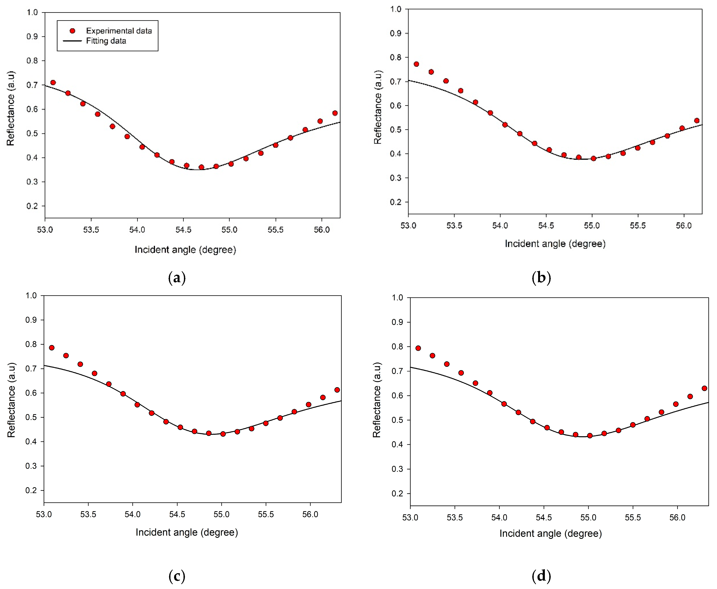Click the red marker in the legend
(72, 31)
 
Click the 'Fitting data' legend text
(106, 41)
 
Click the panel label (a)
(177, 278)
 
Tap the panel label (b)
(541, 278)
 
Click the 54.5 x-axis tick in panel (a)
(183, 230)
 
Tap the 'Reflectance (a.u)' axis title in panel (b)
(378, 107)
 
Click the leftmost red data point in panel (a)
(53, 82)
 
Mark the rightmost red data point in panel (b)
(697, 120)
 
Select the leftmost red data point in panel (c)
(52, 348)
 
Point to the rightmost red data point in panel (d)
(704, 388)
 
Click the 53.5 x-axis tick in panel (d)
(454, 518)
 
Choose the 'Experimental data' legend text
(119, 31)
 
